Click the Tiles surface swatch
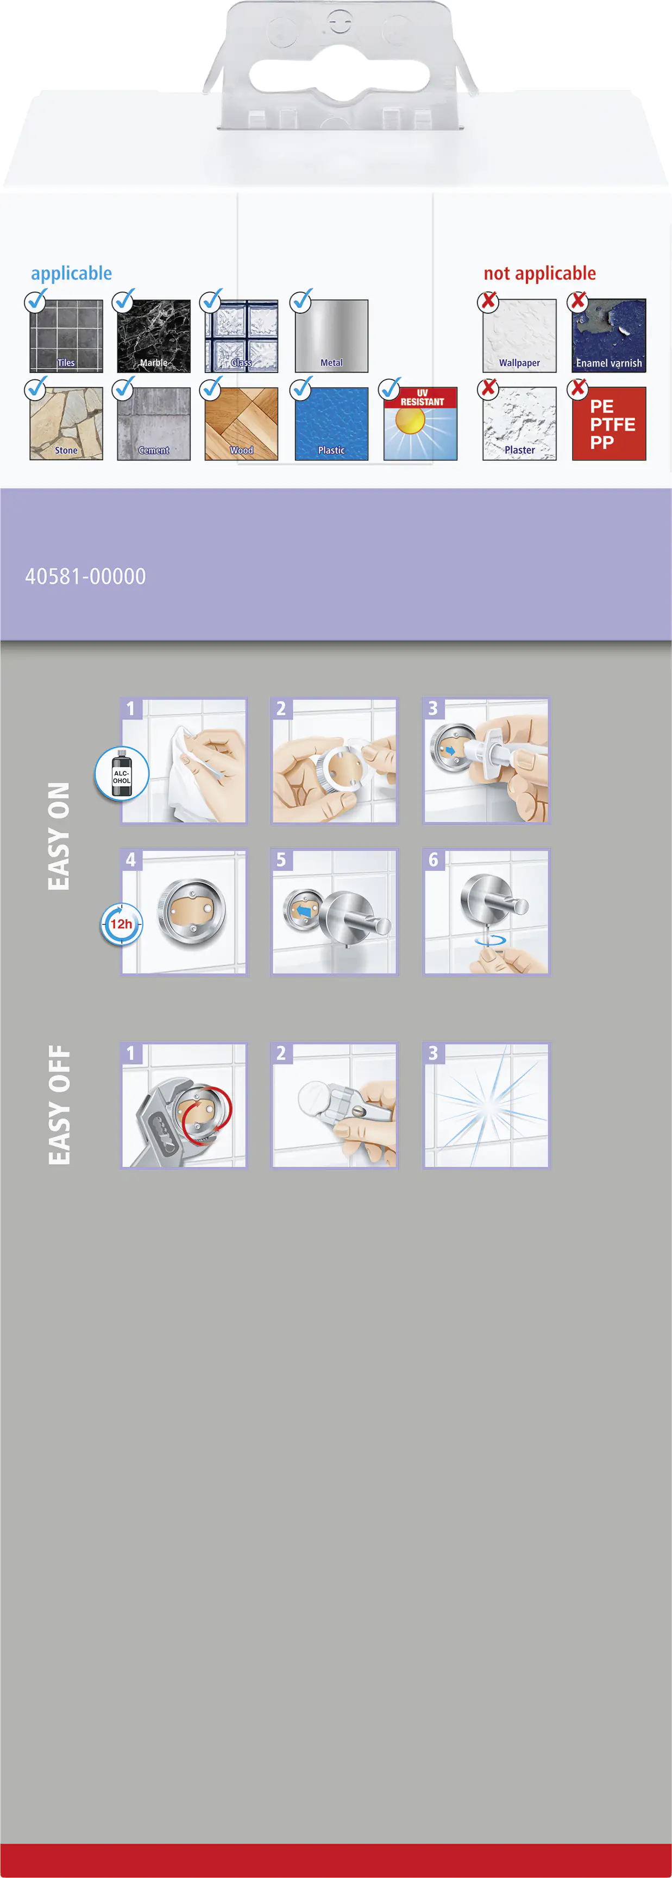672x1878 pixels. [66, 336]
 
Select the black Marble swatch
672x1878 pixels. [153, 336]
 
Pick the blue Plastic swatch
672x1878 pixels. [331, 423]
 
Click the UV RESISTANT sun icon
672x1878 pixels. [420, 423]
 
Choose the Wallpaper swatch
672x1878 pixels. [519, 336]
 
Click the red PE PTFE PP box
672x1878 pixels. [609, 423]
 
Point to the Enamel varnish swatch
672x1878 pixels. [609, 336]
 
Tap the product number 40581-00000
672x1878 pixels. [85, 577]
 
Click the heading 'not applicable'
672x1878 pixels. [540, 274]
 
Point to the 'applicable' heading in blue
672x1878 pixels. [72, 274]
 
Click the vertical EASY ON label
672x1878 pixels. [58, 836]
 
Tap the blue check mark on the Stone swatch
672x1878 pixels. [36, 388]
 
